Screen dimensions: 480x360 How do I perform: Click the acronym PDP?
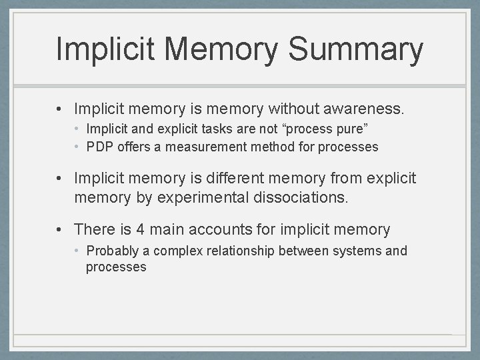(100, 147)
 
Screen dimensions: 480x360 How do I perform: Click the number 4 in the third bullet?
(140, 230)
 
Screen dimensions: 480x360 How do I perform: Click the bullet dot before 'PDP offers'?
(77, 147)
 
